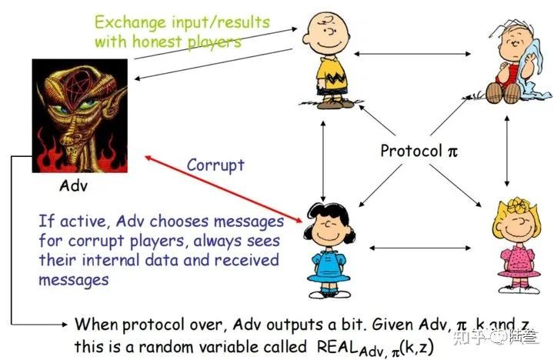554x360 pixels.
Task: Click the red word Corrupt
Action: pyautogui.click(x=215, y=165)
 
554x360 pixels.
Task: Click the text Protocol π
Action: pyautogui.click(x=419, y=150)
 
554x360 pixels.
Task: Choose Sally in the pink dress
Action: pyautogui.click(x=515, y=238)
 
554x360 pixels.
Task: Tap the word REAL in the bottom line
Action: pyautogui.click(x=339, y=345)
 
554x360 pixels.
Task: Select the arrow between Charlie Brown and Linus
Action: pyautogui.click(x=415, y=54)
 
